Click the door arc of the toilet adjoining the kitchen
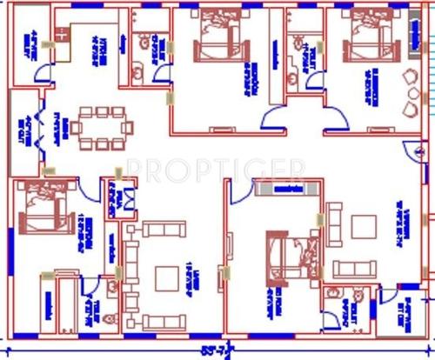(x=164, y=74)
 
